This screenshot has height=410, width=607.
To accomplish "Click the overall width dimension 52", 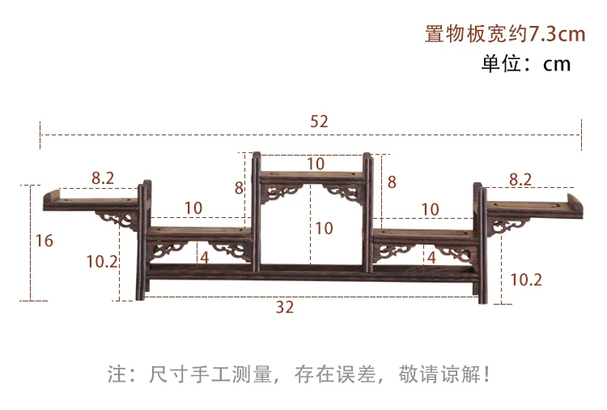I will click(x=319, y=121).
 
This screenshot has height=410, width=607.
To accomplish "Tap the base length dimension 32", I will click(x=284, y=307).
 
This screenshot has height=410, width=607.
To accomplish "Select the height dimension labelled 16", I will click(x=45, y=241).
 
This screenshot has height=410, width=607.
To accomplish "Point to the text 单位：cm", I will click(x=526, y=64).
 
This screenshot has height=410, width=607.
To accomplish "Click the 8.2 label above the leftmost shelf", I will click(x=103, y=178).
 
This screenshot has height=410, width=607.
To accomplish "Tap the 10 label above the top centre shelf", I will click(x=316, y=164).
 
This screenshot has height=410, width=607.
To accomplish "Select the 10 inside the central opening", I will click(x=324, y=228).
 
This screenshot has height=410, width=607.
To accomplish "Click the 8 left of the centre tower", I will click(x=239, y=187).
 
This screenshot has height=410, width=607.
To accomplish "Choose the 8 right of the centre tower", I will click(x=392, y=182).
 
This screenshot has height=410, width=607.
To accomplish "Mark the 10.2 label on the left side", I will click(x=103, y=261).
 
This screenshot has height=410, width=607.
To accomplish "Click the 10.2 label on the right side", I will click(x=526, y=280).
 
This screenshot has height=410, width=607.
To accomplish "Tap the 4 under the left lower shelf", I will click(x=205, y=258).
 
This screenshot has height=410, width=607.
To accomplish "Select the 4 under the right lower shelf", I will click(x=431, y=258).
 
